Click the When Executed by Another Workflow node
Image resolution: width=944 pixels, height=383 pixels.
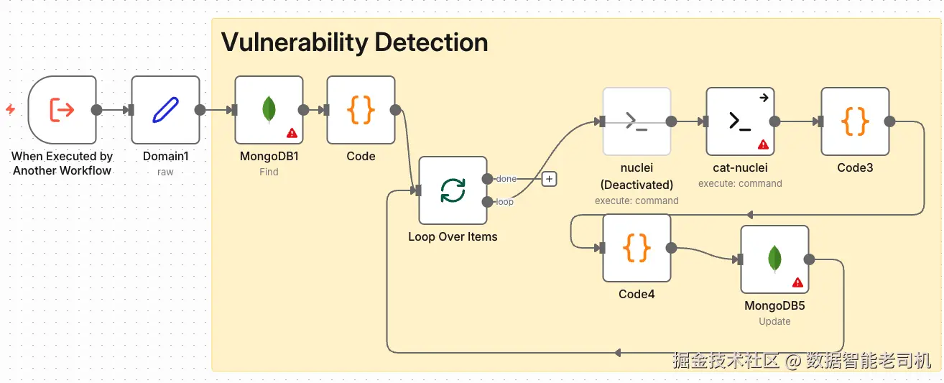pos(62,110)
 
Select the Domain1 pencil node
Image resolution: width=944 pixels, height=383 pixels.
pos(166,110)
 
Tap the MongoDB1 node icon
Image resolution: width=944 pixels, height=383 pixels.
pos(269,110)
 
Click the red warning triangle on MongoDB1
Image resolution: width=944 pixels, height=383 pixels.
pos(292,134)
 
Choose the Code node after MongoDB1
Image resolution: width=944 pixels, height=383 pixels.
pos(361,110)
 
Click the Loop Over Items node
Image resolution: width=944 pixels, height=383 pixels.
pos(453,190)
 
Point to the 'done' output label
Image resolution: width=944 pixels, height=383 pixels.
pos(506,179)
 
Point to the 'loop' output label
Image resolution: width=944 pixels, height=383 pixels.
pos(504,202)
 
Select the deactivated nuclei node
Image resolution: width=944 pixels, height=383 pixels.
pos(637,121)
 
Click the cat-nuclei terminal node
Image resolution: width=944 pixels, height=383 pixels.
pos(741,121)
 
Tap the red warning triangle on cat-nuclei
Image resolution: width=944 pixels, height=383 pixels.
pos(763,145)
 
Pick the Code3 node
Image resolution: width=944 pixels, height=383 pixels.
pos(856,121)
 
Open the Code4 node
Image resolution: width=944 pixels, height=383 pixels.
pos(637,248)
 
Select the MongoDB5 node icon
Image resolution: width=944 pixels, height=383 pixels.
pos(775,259)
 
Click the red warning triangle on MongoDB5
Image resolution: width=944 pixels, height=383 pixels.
pos(797,282)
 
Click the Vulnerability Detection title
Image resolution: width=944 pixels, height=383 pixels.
pos(354,42)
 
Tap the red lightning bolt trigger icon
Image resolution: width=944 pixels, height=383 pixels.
pos(11,109)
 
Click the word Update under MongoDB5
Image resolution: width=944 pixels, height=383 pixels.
pos(774,321)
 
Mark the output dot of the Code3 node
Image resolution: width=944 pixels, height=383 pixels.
pos(889,121)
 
